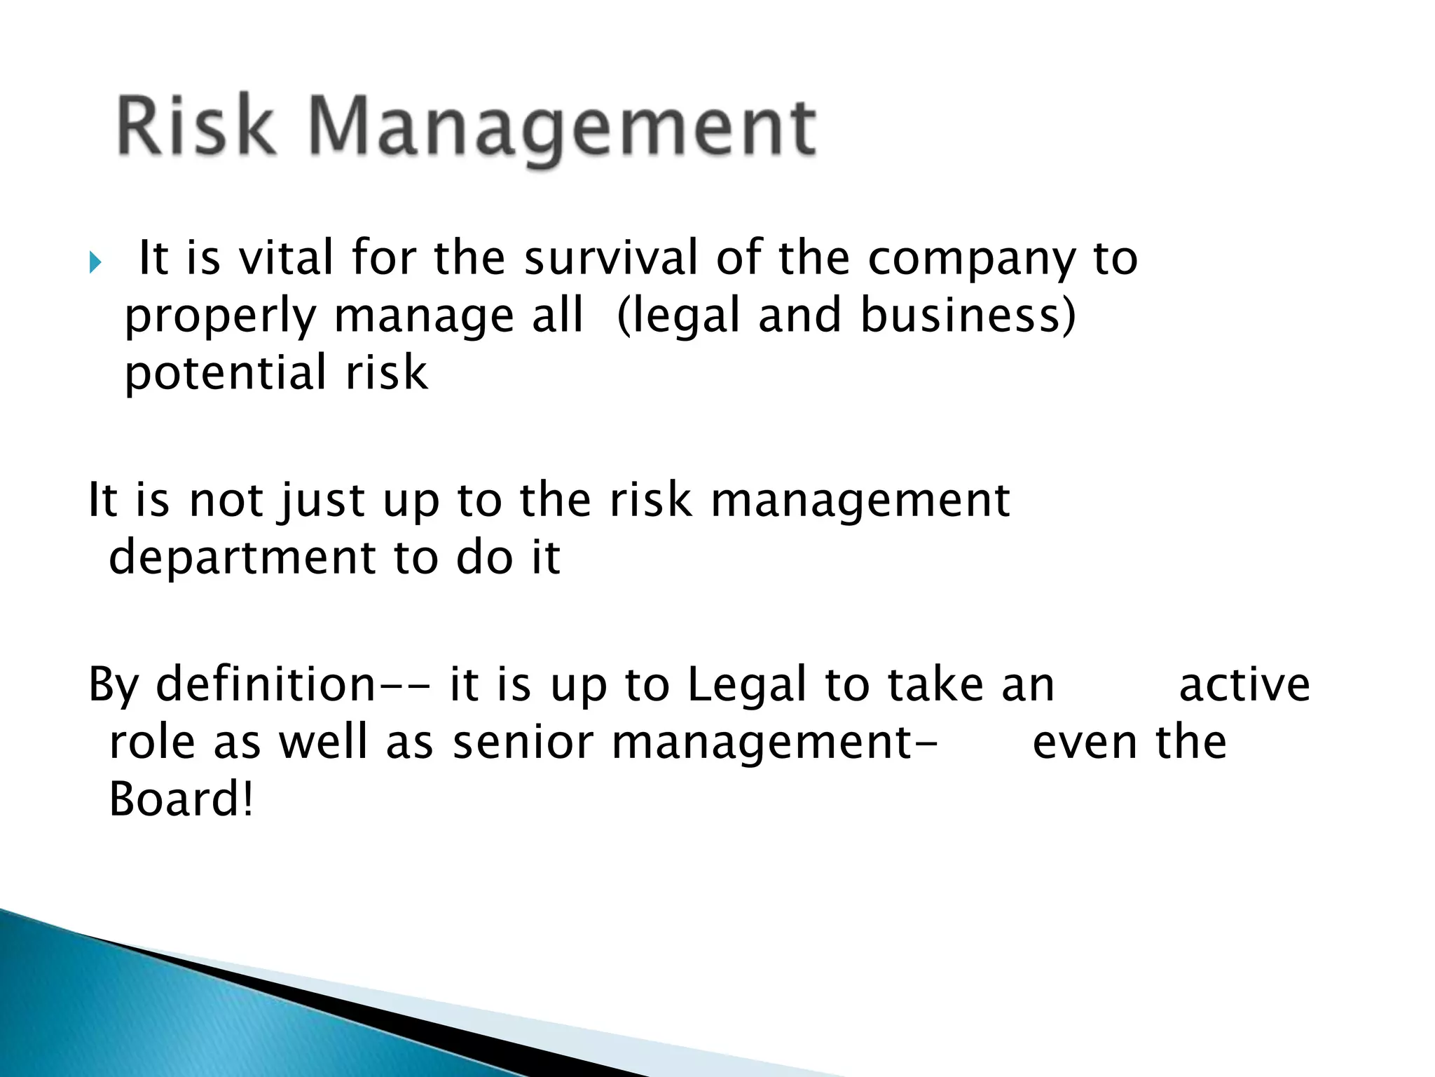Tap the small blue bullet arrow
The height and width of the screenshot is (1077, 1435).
click(x=95, y=264)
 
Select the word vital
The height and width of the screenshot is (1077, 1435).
click(x=285, y=257)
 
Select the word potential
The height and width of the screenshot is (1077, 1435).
click(x=224, y=374)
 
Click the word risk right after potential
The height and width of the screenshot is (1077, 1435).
click(x=386, y=372)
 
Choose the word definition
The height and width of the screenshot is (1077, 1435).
click(x=266, y=684)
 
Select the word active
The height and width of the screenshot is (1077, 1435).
click(x=1244, y=685)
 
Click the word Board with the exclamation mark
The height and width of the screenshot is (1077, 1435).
click(x=180, y=799)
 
